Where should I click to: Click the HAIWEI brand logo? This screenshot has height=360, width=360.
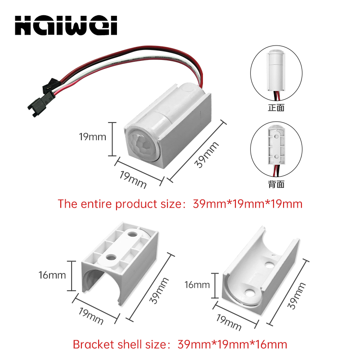coord(66,25)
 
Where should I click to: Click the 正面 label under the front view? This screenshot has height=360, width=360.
coord(276,108)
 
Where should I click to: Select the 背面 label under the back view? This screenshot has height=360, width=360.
coord(276,184)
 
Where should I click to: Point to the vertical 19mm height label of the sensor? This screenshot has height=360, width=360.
coord(93,137)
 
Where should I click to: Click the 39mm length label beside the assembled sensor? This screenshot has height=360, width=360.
coord(207,155)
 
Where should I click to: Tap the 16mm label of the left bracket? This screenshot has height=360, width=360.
coord(52,275)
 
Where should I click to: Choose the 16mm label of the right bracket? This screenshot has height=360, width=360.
coord(197,285)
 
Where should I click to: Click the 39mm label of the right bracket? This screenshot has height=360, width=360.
coord(297,296)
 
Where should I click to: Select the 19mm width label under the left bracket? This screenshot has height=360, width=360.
coord(91,316)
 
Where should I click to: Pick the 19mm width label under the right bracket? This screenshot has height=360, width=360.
coord(229,323)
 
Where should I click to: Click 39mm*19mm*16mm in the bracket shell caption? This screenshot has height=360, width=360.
coord(232,345)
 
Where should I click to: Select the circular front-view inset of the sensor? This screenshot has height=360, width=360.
coord(276,73)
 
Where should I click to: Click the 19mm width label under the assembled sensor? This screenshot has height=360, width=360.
coord(133,180)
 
